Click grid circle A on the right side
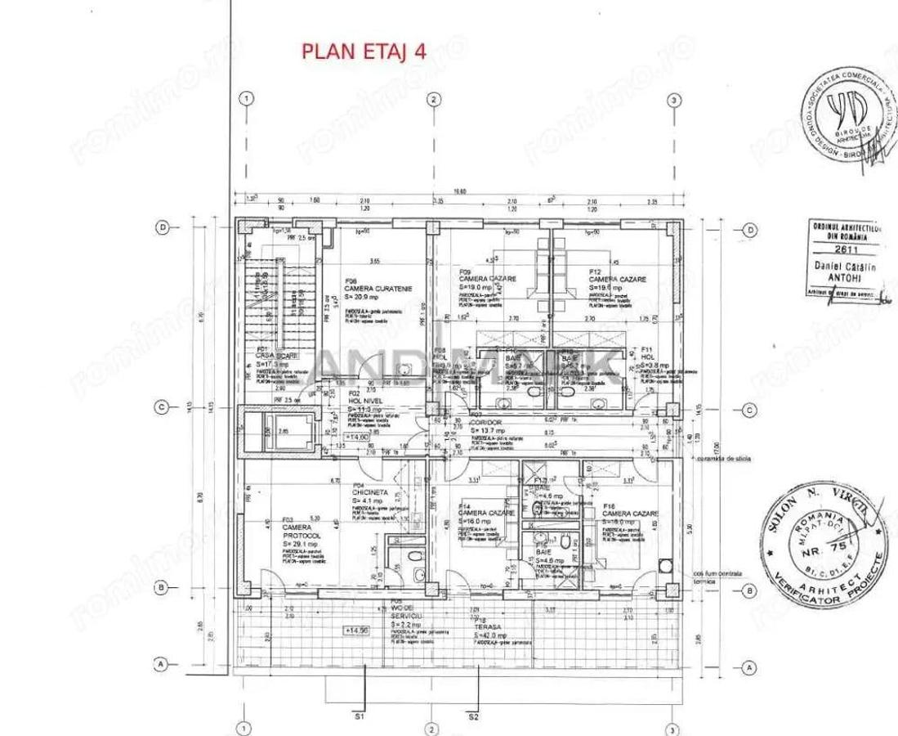[748, 668]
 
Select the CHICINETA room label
[365, 493]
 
